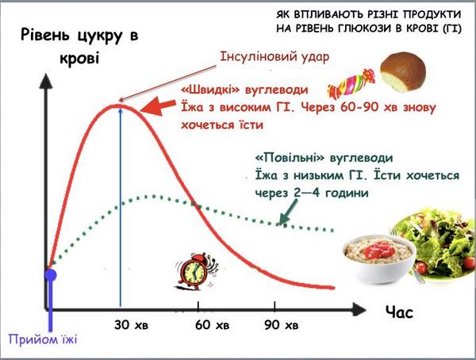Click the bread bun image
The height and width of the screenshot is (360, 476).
point(403,72)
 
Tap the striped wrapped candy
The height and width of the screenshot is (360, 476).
point(351,84)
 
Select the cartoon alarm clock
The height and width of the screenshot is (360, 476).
point(195,271)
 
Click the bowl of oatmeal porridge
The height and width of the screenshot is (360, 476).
point(379,258)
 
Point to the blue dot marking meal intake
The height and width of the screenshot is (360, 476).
point(51,275)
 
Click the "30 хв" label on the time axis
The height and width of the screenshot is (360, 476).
point(131,325)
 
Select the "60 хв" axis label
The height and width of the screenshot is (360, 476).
point(212,325)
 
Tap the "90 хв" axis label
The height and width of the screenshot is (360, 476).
point(281,325)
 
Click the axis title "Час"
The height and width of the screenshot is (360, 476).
point(399,312)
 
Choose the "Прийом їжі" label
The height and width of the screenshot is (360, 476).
point(43,339)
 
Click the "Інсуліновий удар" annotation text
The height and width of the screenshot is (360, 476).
point(274,56)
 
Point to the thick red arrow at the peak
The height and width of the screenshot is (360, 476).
point(158,106)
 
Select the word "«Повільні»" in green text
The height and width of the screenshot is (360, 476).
point(290,158)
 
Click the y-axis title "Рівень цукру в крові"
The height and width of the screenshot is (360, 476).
point(79,46)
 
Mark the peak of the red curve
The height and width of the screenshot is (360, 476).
point(119,105)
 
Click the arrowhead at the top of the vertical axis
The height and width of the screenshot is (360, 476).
point(46,81)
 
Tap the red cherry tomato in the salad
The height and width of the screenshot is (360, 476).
point(421,267)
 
